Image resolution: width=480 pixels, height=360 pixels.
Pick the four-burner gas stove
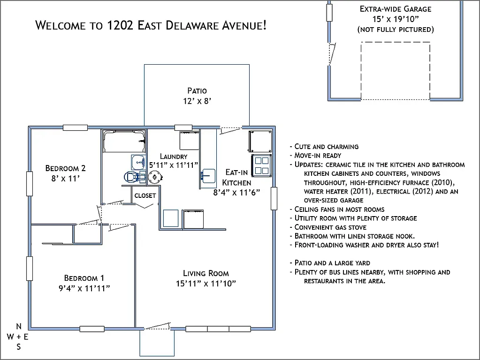262,165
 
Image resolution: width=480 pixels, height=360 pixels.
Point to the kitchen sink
208,175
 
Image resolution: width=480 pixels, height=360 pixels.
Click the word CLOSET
145,195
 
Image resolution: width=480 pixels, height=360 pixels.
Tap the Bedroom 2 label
65,168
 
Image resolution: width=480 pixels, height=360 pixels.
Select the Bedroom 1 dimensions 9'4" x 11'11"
81,288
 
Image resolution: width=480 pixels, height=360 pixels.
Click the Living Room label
206,273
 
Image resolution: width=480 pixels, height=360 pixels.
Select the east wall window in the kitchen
274,198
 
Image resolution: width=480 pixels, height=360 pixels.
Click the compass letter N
19,326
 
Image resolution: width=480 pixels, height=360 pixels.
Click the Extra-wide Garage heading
395,9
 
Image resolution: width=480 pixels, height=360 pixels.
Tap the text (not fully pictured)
395,30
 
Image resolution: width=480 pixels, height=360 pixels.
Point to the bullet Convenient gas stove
330,227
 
